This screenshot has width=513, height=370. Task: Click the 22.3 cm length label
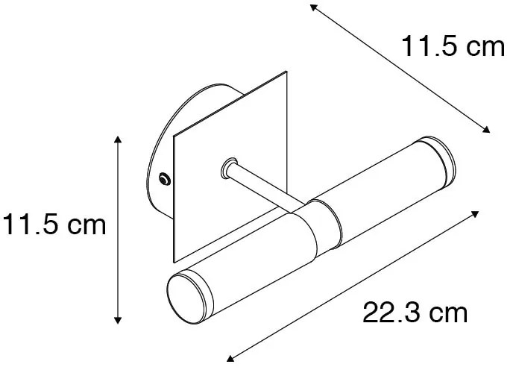[x=415, y=313]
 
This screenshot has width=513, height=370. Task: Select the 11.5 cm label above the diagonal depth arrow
[x=453, y=48]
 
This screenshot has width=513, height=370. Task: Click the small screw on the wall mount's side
[x=164, y=178]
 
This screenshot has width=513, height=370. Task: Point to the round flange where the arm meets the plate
[x=230, y=167]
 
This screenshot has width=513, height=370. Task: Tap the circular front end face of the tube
[x=183, y=296]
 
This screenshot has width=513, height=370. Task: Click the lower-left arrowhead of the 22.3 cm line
[x=229, y=357]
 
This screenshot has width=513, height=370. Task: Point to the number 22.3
[x=388, y=313]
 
